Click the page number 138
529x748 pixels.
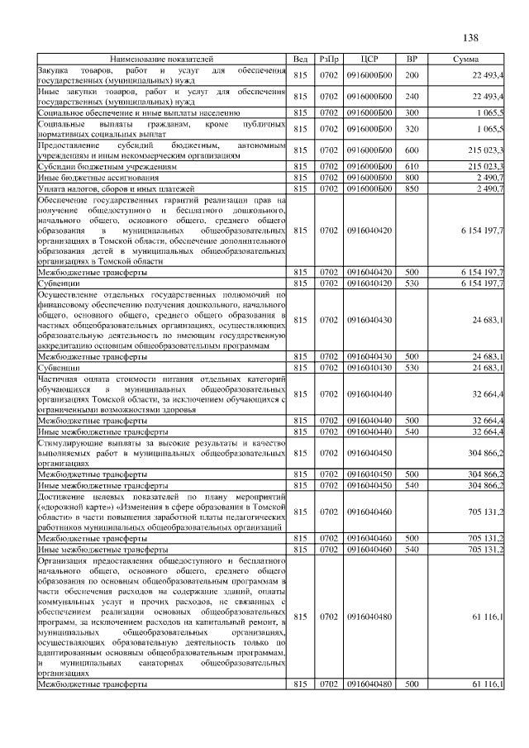click(472, 38)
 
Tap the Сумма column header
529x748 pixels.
click(469, 60)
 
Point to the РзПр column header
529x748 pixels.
click(329, 60)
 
